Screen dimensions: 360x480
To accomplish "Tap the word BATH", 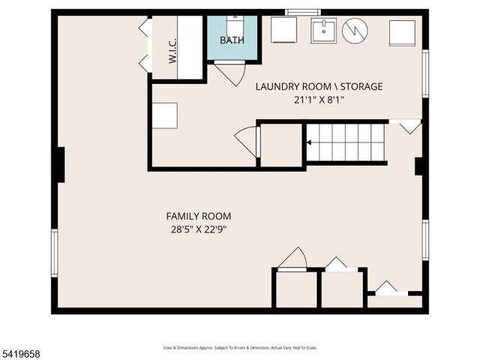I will click(x=232, y=39).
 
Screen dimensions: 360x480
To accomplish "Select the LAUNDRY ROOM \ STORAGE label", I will click(x=319, y=86).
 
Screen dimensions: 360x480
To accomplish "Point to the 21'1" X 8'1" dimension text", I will click(x=319, y=100).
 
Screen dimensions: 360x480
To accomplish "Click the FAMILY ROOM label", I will click(x=198, y=216).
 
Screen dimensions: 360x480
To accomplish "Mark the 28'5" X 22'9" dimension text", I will click(x=198, y=229).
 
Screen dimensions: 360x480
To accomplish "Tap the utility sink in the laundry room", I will click(x=324, y=31).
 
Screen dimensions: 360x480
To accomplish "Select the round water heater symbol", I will click(x=355, y=31).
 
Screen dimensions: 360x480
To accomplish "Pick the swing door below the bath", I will click(x=229, y=73).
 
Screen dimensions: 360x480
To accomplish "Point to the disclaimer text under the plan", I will click(x=239, y=347).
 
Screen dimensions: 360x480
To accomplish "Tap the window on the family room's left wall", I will click(x=54, y=253).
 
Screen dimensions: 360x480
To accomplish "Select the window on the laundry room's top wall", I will click(x=303, y=12).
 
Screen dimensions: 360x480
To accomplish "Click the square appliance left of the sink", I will click(x=283, y=31).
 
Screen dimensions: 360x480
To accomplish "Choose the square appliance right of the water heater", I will click(x=402, y=33).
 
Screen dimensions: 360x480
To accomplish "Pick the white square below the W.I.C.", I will click(x=164, y=115).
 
